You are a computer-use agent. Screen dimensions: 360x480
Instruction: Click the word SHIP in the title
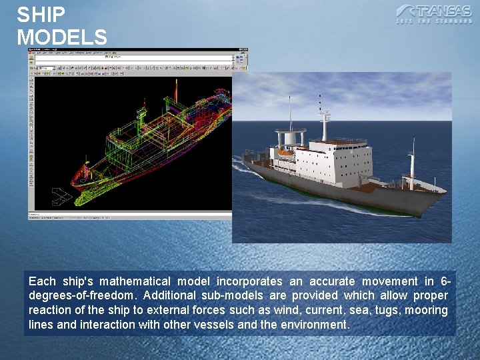point(41,15)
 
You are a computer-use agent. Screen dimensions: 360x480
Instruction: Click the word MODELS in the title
point(62,37)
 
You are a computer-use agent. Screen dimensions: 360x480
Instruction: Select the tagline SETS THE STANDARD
point(434,22)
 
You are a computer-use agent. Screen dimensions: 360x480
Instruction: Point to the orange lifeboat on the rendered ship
point(285,153)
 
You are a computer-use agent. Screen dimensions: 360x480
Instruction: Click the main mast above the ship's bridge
point(325,120)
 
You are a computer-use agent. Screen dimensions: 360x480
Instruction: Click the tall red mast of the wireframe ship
point(175,89)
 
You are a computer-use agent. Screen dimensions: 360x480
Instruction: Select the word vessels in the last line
point(219,325)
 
